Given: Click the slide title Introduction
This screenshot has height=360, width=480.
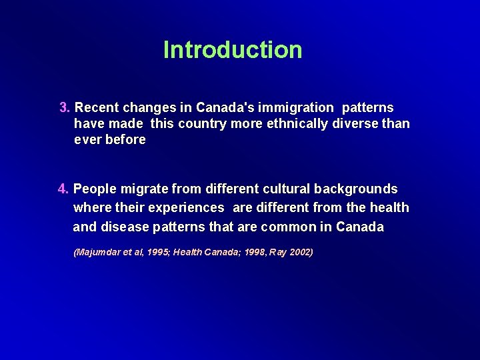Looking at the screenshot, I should tap(233, 50).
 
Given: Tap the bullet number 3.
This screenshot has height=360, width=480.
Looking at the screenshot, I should tap(65, 107).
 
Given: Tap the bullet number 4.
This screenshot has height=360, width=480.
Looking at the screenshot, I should tap(64, 189).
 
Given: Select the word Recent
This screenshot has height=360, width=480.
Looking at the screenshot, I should tap(97, 107).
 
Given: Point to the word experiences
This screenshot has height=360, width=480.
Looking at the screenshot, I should tap(186, 208).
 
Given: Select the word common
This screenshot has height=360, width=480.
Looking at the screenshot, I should tap(288, 227).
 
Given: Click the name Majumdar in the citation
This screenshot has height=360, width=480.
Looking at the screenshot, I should tap(101, 253).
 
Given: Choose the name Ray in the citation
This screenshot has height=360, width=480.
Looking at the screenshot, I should tap(279, 253).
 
